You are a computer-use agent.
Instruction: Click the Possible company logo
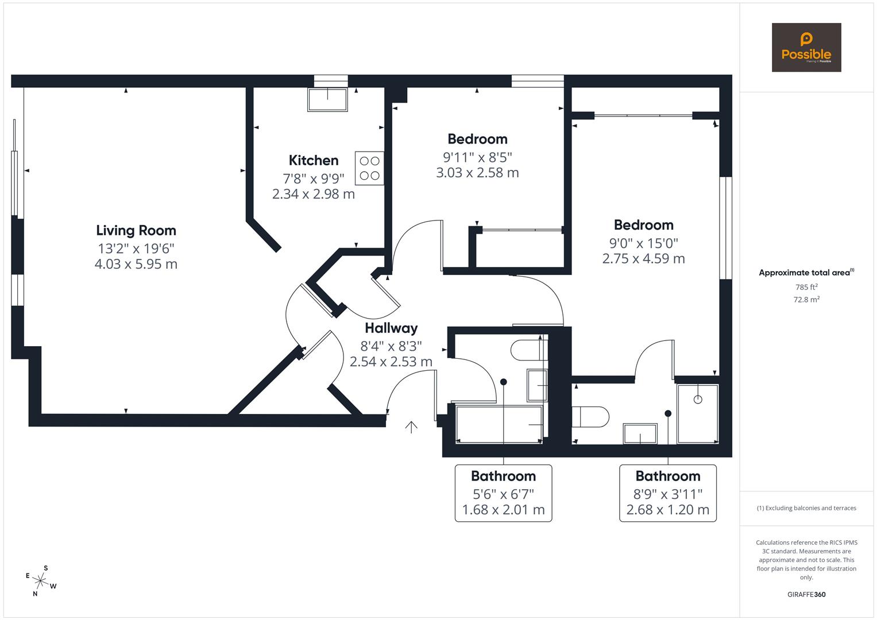coord(806,47)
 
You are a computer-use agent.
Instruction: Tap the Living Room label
coord(136,230)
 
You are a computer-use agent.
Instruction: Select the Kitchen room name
coord(314,160)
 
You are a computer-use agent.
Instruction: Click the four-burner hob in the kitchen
coord(369,168)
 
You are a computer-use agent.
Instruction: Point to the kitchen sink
coord(328,99)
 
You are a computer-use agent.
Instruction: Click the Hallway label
coord(391,328)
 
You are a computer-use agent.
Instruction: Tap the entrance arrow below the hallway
coord(411,427)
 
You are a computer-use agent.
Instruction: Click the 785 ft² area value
coord(806,287)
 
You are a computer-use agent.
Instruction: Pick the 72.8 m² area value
coord(806,299)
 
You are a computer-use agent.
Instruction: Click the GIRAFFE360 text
coord(806,594)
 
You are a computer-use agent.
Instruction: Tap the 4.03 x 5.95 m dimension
coord(136,264)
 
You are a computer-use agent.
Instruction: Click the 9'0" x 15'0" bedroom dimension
coord(643,242)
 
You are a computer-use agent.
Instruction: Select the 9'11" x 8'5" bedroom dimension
coord(477,156)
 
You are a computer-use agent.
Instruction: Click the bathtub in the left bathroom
coord(499,424)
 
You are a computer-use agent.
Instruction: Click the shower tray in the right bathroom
coord(698,414)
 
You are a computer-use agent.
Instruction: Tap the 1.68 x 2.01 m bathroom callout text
coord(503,510)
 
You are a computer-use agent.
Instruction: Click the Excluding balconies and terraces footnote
coord(806,508)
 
